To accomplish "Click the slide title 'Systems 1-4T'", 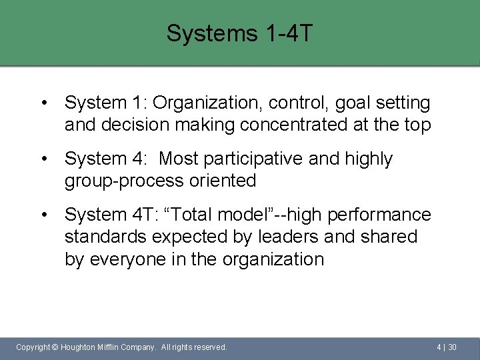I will click(x=239, y=33).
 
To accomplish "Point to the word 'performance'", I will click(x=379, y=215).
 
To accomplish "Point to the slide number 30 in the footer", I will click(x=452, y=347).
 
